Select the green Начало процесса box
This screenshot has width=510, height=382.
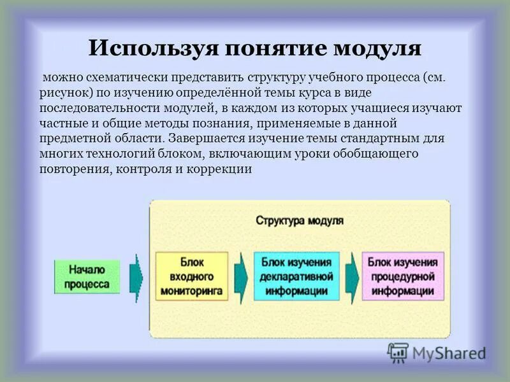coord(86,276)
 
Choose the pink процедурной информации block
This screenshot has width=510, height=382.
coord(402,276)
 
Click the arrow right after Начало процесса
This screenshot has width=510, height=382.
coord(136,276)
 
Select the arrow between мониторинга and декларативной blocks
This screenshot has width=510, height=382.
coord(240,276)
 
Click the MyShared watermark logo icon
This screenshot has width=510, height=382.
coord(398,352)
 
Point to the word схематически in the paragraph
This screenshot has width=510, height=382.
coord(119,78)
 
